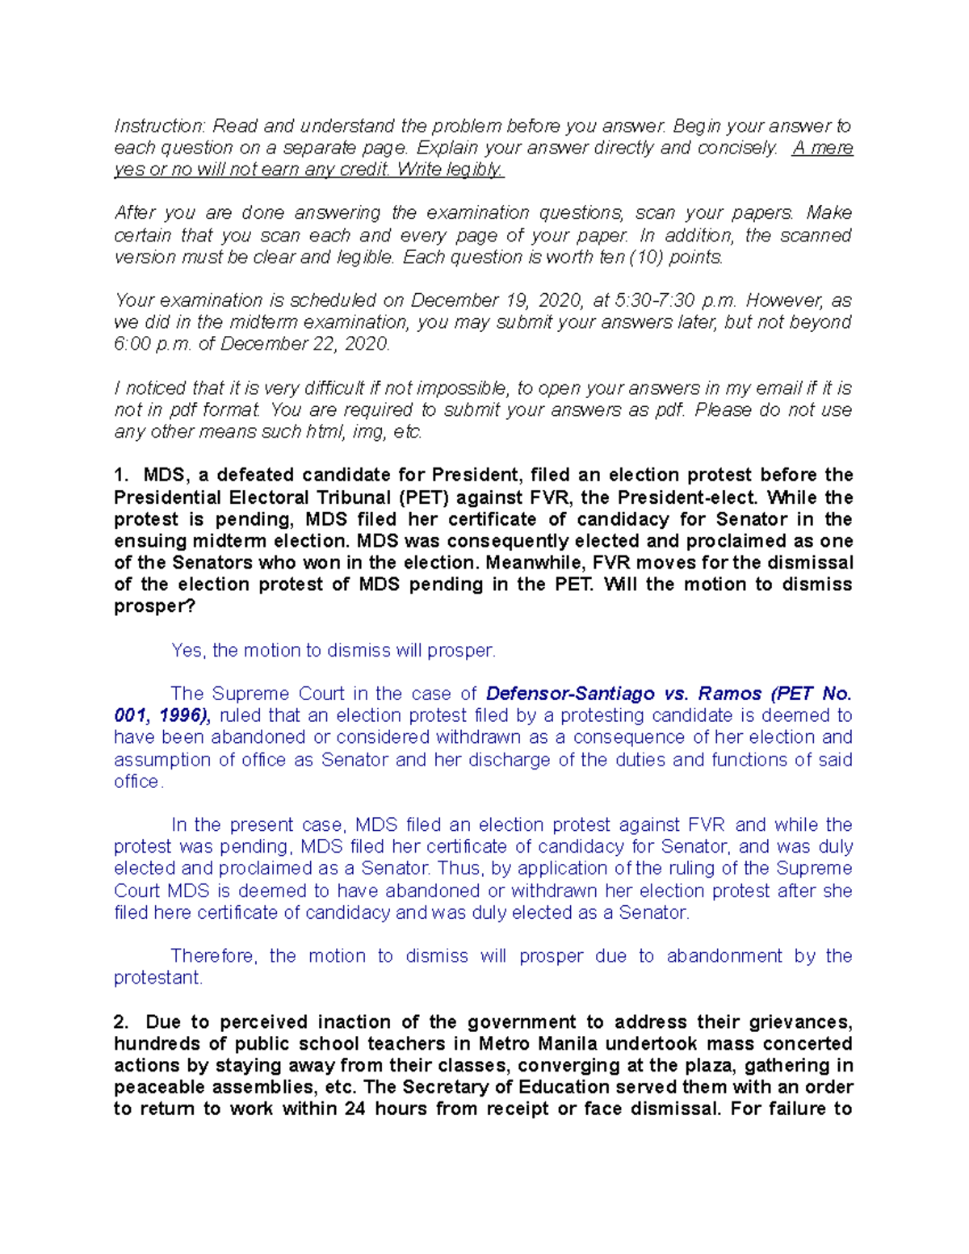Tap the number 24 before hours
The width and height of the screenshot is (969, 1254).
(354, 1109)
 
